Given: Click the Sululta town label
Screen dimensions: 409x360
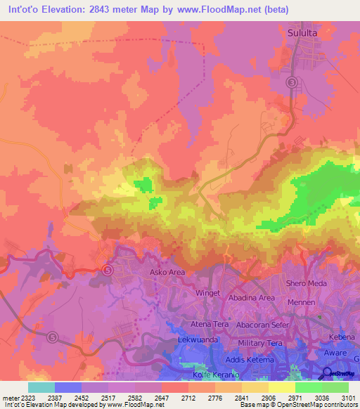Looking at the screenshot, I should point(309,32).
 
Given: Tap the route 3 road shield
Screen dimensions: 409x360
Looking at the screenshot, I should point(291,83).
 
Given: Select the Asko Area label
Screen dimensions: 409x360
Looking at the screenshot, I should point(167,271).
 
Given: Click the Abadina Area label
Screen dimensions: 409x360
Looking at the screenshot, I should point(251,297).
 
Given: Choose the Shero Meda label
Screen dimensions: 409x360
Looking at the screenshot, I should point(307,283).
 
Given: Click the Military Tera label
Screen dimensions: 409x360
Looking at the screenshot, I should point(262,342).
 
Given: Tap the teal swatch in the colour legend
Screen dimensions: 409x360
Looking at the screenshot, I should point(41,387).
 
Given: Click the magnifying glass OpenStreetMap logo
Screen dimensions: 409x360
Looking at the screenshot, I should point(328,373).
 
